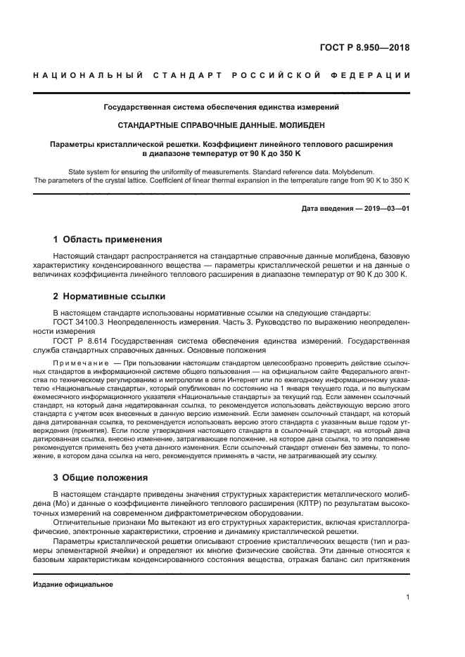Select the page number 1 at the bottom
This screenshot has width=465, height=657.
click(x=408, y=598)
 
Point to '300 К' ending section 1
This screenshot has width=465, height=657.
click(x=396, y=275)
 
